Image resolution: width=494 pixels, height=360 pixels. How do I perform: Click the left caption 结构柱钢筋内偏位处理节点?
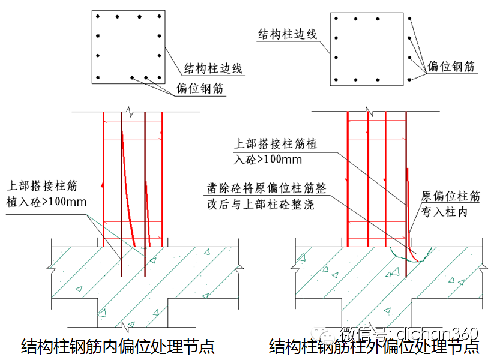pos(118,346)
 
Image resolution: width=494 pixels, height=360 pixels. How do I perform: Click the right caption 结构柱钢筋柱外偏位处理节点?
pos(374,346)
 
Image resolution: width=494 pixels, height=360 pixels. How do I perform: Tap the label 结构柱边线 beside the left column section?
pos(212,68)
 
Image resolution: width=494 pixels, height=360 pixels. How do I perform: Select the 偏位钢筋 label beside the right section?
pos(451,66)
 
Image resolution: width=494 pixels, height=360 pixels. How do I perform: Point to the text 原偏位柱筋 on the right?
pos(451,197)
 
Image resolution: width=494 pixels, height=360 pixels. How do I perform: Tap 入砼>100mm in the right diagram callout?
pos(268,160)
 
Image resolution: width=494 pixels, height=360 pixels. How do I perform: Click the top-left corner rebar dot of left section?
pos(98,17)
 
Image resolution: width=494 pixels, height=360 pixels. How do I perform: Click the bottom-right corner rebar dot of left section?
pos(159,77)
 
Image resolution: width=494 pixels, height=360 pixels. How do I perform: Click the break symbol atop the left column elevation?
pos(128,112)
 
